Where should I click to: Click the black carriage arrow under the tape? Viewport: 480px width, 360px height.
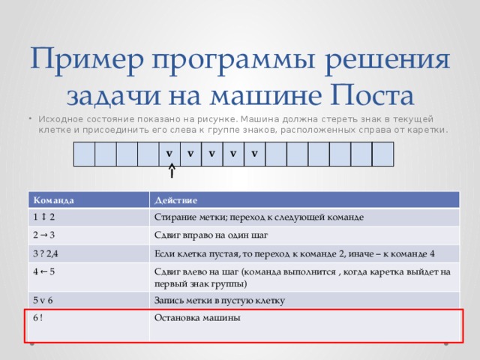pos(172,170)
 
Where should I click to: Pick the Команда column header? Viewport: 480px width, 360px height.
pos(53,200)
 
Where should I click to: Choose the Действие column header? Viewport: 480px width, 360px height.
pos(175,200)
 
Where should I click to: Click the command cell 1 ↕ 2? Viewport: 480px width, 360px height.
pos(43,217)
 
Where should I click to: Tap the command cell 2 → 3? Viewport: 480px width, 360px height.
pos(43,235)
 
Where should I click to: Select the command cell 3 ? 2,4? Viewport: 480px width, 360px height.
pos(45,253)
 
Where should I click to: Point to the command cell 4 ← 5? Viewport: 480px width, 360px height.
pos(43,271)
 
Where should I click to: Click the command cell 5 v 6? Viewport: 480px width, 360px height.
pos(43,300)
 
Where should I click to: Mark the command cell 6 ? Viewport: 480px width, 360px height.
pos(38,318)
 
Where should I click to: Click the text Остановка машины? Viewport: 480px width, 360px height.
pos(197,318)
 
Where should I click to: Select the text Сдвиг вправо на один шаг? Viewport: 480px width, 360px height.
pos(211,235)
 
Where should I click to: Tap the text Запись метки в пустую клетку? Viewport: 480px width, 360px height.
pos(220,301)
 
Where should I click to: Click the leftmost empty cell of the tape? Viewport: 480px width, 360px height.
pos(84,154)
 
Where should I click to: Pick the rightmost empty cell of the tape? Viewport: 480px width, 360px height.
pos(383,154)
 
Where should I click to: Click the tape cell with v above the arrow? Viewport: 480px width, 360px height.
pos(169,154)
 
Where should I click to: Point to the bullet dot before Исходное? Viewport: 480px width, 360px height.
pos(31,118)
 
